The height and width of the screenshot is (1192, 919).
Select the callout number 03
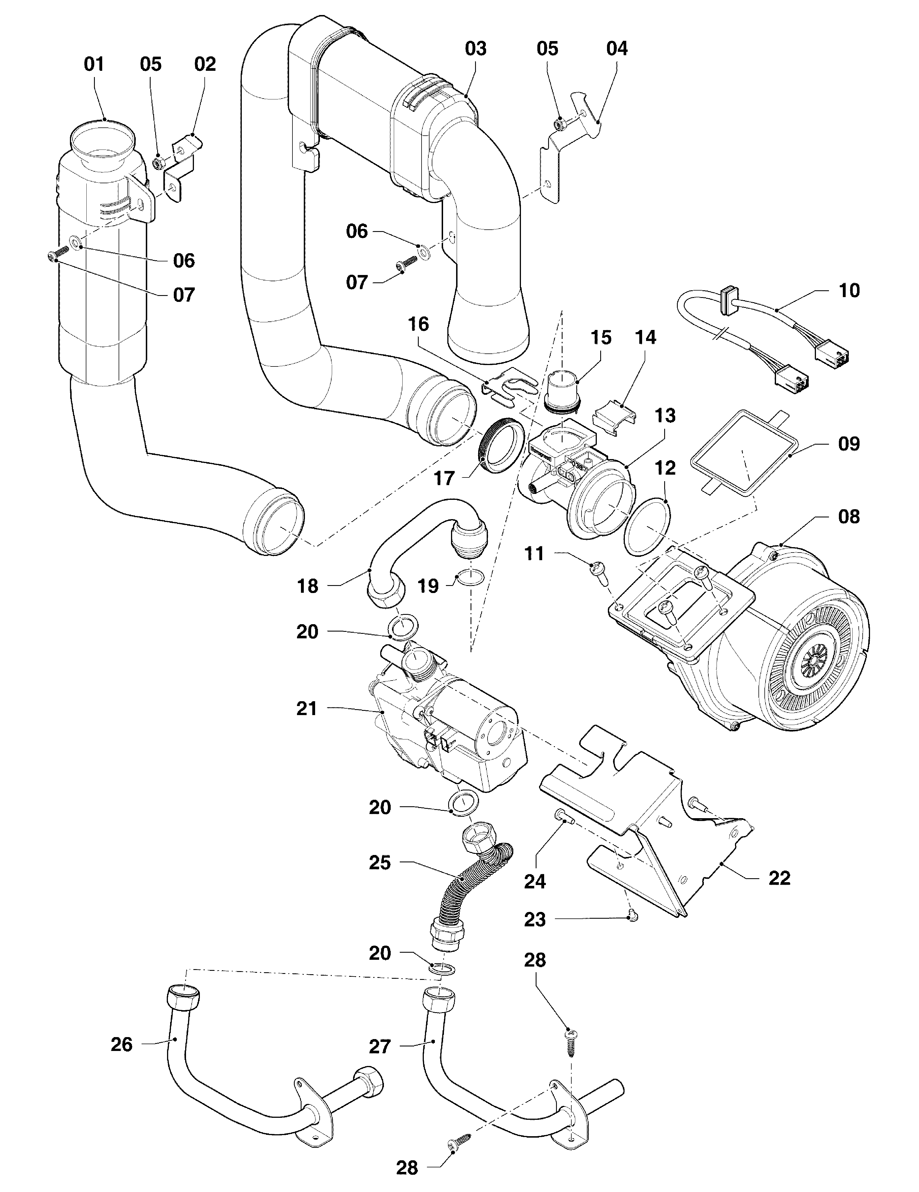475,49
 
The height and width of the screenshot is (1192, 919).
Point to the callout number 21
307,709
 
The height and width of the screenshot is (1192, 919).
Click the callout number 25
380,863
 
